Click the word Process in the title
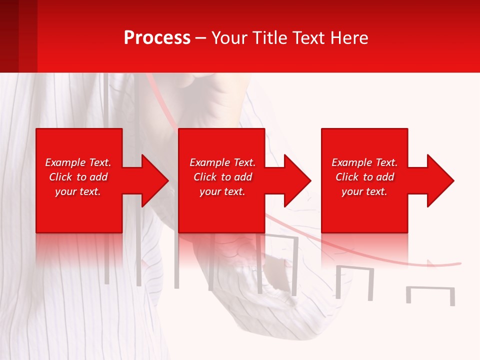click(x=157, y=38)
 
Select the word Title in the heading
click(x=271, y=38)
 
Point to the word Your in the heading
click(x=229, y=38)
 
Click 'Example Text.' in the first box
click(x=78, y=162)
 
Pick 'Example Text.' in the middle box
click(x=222, y=162)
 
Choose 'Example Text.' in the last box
click(x=364, y=162)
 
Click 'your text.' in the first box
click(x=78, y=191)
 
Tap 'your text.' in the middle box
click(x=222, y=191)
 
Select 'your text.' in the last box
click(x=364, y=191)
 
